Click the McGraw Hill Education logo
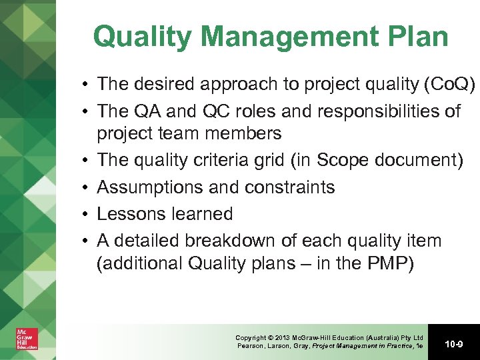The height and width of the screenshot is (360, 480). click(27, 339)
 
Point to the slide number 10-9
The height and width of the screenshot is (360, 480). click(453, 343)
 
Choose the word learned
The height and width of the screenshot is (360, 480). click(201, 214)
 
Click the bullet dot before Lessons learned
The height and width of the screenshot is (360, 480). click(87, 215)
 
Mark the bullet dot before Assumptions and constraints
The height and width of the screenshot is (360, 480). click(87, 188)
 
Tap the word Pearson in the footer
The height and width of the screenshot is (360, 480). click(251, 346)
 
